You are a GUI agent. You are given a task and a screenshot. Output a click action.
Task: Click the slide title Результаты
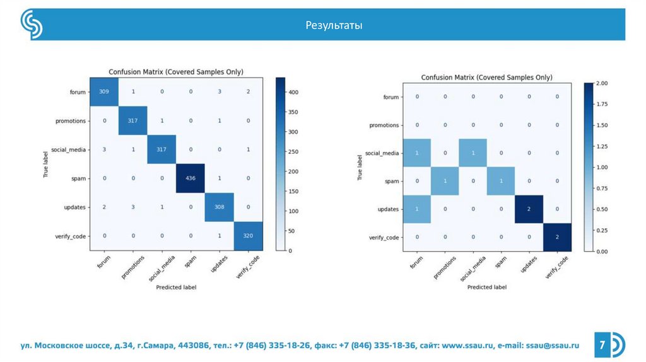pos(334,26)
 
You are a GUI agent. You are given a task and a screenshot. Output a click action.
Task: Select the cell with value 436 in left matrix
pos(191,178)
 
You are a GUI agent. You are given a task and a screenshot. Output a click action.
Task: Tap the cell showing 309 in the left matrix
pos(103,92)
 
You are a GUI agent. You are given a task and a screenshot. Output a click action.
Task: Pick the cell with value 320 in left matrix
pos(248,236)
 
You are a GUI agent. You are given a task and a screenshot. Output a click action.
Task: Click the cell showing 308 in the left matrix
pos(219,207)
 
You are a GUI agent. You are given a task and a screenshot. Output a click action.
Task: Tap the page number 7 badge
pos(602,345)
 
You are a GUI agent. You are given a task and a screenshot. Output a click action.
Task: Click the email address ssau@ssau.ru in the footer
pos(553,346)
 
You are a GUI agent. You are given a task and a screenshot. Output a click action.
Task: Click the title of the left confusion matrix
pos(176,72)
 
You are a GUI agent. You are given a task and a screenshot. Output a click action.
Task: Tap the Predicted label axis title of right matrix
pos(486,287)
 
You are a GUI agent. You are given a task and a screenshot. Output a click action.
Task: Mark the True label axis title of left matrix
pos(45,164)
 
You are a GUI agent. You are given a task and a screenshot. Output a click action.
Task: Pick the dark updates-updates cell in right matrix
pos(529,209)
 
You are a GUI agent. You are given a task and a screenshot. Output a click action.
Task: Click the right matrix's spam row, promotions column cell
pos(445,181)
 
